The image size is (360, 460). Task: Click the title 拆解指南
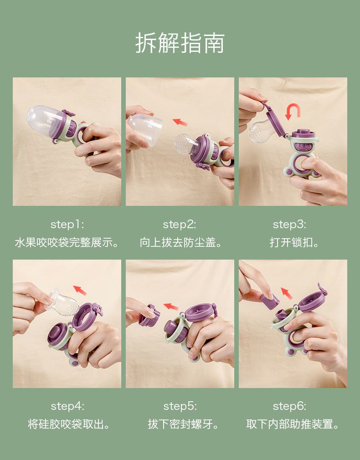point(180,43)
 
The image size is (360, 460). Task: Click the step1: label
point(67,225)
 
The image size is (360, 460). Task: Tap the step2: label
point(180,225)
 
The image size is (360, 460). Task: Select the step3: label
point(289,225)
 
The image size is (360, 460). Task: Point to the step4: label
point(67,406)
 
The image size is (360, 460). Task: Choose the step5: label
point(180,406)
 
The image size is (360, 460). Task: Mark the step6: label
point(289,406)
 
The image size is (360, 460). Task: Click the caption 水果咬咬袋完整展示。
point(67,243)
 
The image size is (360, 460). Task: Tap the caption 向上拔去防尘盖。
point(180,243)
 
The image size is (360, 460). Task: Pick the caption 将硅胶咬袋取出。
point(69,424)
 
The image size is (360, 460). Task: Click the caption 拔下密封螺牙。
point(183,424)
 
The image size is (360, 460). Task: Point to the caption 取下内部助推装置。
point(293,424)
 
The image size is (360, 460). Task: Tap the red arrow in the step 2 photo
point(180,122)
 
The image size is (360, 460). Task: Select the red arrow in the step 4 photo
point(80,291)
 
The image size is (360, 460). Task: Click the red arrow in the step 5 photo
point(170,307)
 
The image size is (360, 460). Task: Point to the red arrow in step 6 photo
point(287,293)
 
